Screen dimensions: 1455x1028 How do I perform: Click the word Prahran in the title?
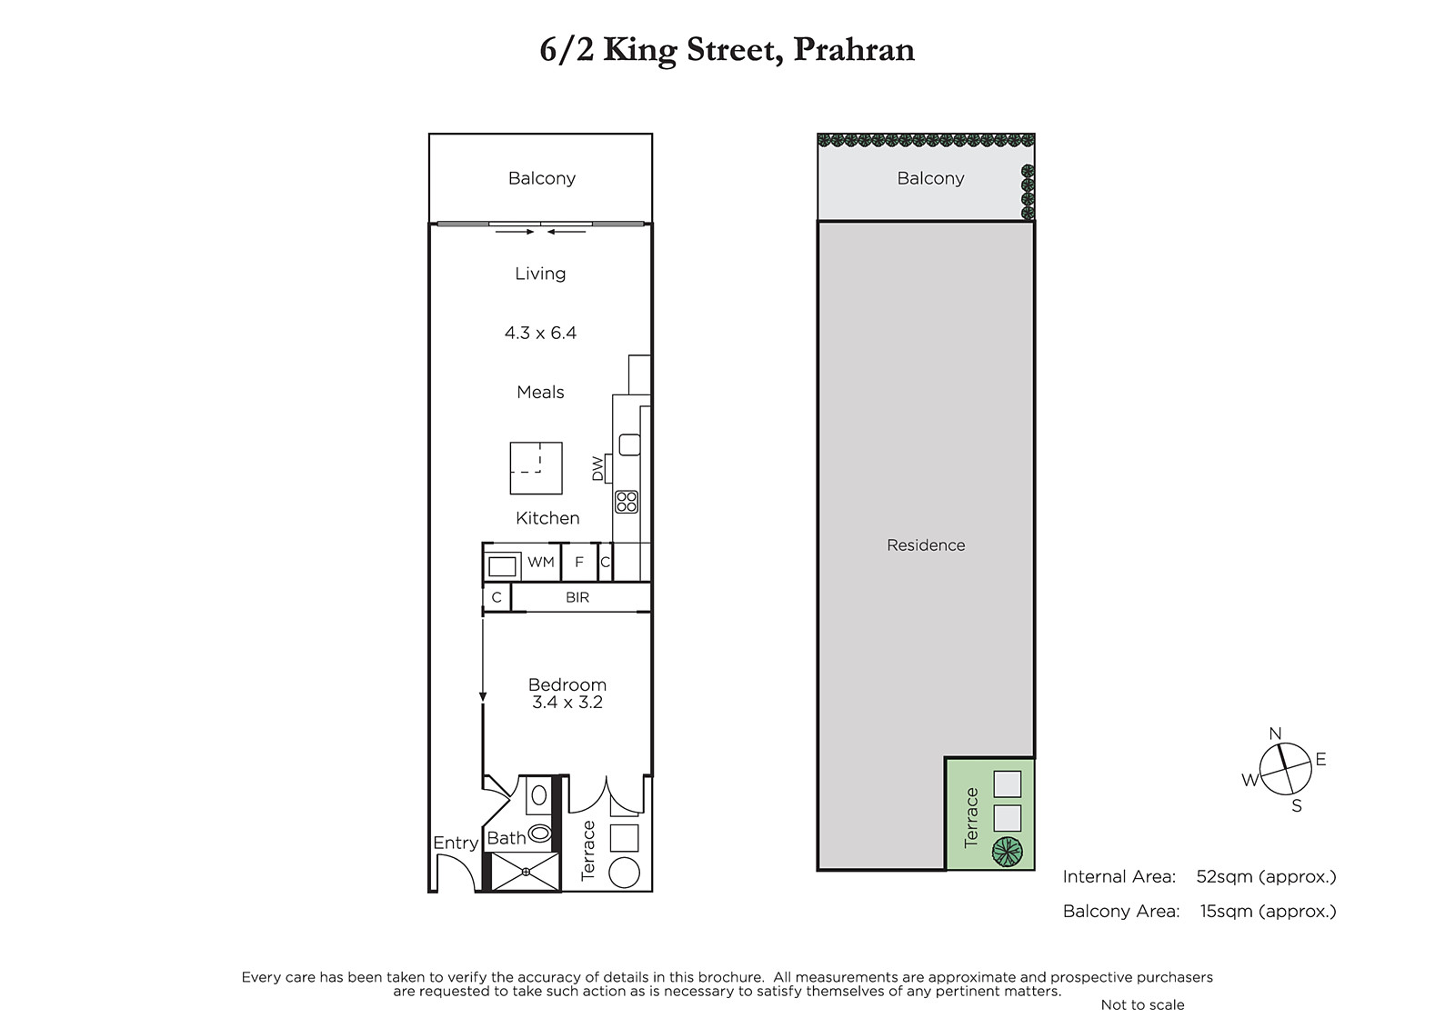point(854,50)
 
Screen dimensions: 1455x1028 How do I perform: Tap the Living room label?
point(540,274)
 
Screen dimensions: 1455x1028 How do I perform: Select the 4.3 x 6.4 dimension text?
point(540,334)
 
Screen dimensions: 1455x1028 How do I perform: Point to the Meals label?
point(540,393)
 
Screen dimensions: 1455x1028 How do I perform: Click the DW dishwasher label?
point(597,469)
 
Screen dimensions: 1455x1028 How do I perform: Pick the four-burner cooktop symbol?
point(627,502)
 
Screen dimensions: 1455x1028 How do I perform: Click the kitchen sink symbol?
point(629,444)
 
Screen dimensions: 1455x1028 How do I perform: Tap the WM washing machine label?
point(541,562)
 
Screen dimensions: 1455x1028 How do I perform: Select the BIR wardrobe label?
point(577,597)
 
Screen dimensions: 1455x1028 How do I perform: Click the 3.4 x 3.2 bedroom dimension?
point(567,702)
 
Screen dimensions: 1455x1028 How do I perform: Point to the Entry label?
point(456,843)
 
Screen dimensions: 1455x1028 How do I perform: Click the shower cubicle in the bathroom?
point(526,872)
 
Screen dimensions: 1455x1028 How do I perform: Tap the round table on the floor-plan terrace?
point(624,873)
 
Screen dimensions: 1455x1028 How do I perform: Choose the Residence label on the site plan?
point(926,545)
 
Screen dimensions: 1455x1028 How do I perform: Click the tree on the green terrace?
point(1008,852)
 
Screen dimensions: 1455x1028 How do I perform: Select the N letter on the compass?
point(1275,734)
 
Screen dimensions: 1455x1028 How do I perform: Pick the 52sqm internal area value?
point(1216,877)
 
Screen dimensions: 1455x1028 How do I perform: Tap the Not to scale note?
point(1142,1005)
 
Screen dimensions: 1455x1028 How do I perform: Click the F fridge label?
point(579,562)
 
